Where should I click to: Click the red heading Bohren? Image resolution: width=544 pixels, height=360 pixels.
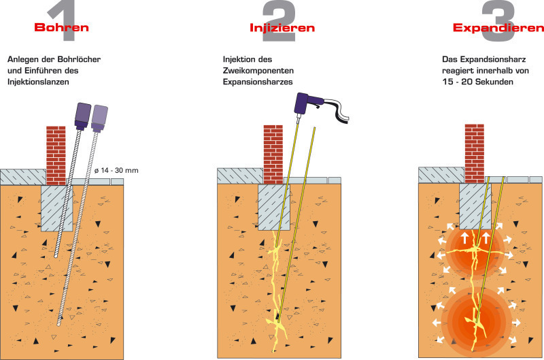tap(61, 28)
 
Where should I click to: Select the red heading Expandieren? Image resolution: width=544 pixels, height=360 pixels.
tap(498, 28)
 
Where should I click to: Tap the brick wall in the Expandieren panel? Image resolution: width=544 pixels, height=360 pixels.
tap(474, 153)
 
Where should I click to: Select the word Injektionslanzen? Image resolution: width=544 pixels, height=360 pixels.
tap(38, 81)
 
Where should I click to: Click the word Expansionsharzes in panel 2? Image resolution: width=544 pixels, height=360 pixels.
tap(257, 81)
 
